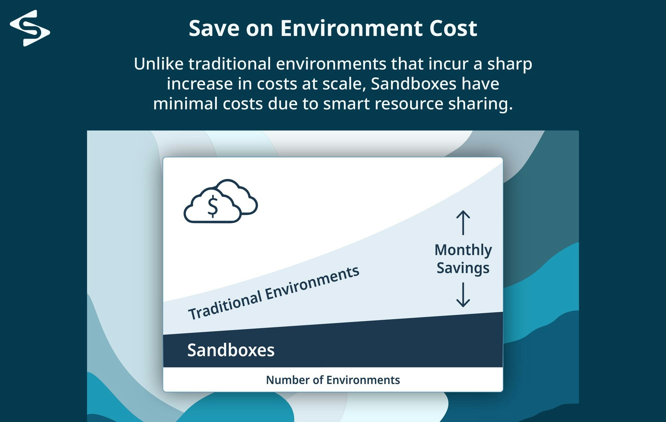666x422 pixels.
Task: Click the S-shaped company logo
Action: point(30,28)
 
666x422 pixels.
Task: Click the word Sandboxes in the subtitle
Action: point(413,83)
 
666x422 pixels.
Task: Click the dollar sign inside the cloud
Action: point(212,206)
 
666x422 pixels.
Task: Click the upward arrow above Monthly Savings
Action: point(463,222)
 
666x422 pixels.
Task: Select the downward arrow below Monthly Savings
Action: point(463,294)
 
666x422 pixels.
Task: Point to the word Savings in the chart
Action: point(463,268)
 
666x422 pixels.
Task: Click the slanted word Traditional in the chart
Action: point(225,305)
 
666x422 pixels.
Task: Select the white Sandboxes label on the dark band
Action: point(231,350)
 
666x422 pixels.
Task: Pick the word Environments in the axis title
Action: point(363,380)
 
